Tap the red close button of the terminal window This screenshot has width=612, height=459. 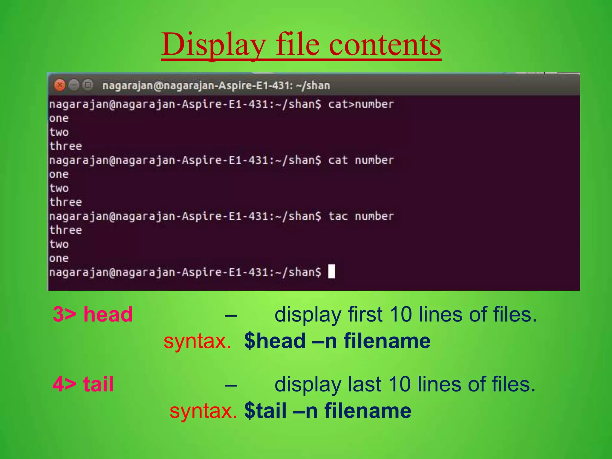(60, 85)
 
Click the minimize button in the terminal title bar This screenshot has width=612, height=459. (74, 85)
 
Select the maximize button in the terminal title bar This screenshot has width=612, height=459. (88, 85)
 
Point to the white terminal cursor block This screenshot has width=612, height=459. (331, 271)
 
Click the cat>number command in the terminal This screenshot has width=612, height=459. (361, 104)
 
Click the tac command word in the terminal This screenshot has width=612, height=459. (338, 216)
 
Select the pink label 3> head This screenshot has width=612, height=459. (93, 314)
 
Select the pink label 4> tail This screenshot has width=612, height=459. (83, 384)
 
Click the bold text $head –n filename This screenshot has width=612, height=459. (337, 341)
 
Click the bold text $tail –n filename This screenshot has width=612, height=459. (328, 411)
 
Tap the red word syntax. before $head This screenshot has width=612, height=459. (197, 341)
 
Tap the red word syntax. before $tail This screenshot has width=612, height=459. (203, 411)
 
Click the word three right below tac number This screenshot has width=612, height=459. (65, 230)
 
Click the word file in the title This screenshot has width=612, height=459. (298, 45)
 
